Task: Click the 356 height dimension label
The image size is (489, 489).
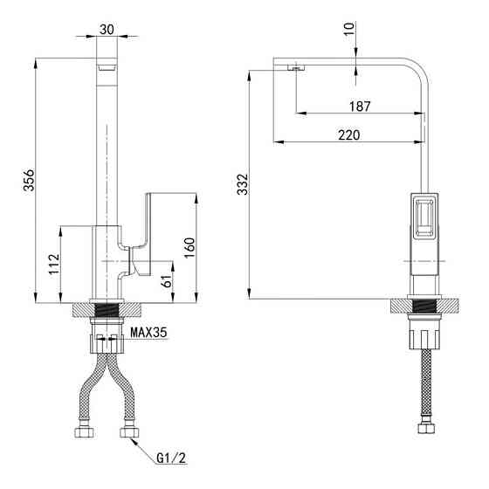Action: click(29, 180)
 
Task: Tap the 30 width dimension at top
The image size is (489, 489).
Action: click(107, 30)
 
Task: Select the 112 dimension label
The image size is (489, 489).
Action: click(54, 264)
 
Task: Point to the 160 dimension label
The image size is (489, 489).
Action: click(189, 248)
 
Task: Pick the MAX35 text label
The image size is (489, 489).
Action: click(148, 333)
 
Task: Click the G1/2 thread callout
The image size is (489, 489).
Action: click(171, 458)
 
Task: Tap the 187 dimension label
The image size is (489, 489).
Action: click(360, 107)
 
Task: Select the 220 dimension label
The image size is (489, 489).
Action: click(349, 135)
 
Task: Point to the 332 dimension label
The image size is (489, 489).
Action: click(243, 184)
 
